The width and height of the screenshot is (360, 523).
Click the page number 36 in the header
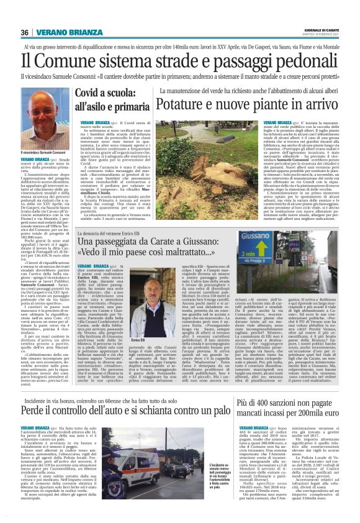(25, 33)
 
